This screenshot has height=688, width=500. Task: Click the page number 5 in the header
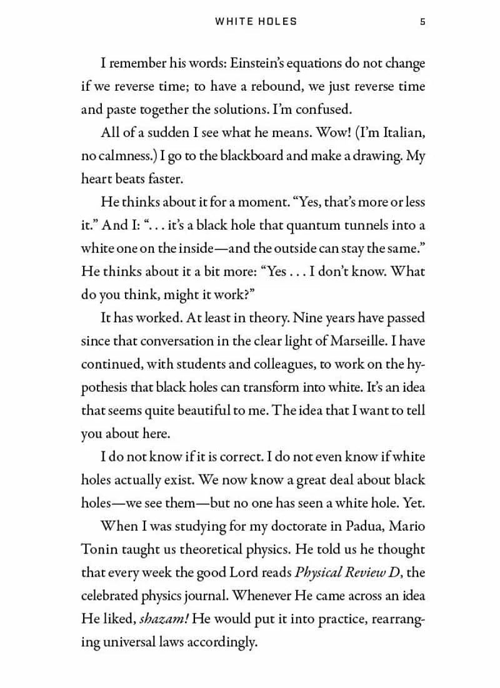422,21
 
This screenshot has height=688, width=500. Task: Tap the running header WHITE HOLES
256,21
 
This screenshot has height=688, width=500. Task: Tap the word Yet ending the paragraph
412,503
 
